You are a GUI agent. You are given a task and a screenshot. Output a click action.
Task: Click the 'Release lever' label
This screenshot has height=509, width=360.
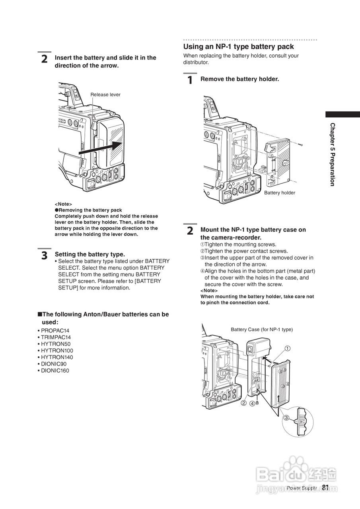pos(105,95)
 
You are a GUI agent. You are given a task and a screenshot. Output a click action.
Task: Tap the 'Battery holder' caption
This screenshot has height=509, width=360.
pos(280,193)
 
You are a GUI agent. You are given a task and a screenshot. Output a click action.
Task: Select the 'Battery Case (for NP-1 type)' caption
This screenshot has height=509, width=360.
pos(261,330)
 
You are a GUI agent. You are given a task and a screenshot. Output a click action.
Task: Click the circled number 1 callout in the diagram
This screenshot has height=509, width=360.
pos(288,348)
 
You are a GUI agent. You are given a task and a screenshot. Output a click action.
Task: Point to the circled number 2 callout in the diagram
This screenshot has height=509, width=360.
pos(243,403)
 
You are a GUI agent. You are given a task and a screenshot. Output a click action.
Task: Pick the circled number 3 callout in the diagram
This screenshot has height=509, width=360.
pos(286,418)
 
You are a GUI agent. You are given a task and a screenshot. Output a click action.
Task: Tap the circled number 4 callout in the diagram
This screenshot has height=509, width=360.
pos(252,404)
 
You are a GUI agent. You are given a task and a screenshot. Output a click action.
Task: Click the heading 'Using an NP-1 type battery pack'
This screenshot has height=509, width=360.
pos(238,47)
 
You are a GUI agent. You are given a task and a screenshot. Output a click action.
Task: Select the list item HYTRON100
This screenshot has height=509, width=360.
pos(57,351)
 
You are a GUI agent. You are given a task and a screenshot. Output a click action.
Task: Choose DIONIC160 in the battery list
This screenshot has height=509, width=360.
pos(55,371)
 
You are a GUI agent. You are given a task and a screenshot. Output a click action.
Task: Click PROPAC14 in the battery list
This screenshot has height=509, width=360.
pos(55,331)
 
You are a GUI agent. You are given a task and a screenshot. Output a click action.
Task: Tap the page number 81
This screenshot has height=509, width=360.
pos(325,488)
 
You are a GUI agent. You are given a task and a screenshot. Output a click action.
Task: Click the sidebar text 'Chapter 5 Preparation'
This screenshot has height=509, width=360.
pos(332,154)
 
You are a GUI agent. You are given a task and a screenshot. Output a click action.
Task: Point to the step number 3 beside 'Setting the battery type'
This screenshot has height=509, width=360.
pos(45,255)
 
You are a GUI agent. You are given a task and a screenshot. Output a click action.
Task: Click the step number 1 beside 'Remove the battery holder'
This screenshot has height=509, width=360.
pos(190,80)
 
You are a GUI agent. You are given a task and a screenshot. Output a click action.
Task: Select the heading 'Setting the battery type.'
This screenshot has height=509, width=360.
pos(90,254)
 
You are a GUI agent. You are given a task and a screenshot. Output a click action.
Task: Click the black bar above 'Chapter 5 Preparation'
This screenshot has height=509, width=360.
pos(342,114)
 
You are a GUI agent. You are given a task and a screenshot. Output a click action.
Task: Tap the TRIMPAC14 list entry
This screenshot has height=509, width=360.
pos(56,337)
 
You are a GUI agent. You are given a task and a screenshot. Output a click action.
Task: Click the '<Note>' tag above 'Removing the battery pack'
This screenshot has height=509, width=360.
pos(63,204)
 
